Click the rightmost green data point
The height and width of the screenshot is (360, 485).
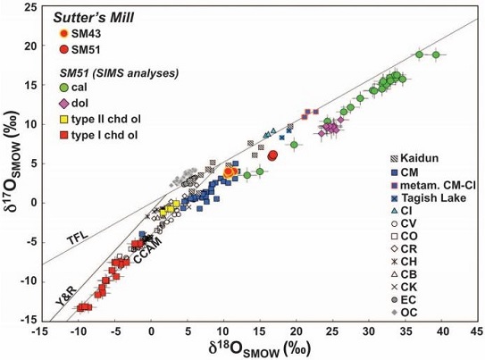(436, 54)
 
